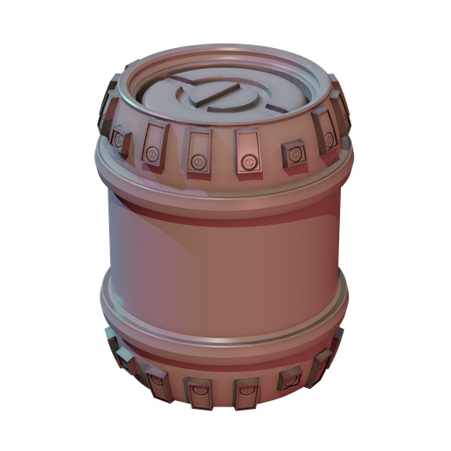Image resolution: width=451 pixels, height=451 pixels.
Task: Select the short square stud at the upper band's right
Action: point(290,153)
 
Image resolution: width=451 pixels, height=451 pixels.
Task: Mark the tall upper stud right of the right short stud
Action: point(325,137)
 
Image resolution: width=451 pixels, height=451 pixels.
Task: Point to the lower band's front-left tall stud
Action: point(157,378)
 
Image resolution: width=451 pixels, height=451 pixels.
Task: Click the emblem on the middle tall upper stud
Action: point(199,162)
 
